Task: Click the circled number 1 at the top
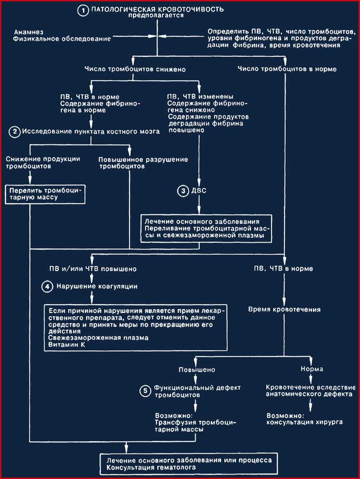[83, 11]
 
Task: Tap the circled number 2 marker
[14, 132]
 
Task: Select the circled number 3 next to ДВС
[183, 191]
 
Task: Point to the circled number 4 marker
[47, 287]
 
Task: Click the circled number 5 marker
[145, 391]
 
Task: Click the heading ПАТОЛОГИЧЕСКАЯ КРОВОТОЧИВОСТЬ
[158, 9]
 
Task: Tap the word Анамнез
[29, 32]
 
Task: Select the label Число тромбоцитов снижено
[135, 69]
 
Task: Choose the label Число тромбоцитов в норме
[287, 69]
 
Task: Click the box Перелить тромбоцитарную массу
[45, 194]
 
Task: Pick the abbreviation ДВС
[199, 191]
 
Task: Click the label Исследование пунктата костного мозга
[91, 132]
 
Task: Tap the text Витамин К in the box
[67, 345]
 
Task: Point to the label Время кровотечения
[284, 310]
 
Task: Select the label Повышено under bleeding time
[197, 370]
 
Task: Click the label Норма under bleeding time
[312, 369]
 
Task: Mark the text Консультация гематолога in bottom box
[151, 467]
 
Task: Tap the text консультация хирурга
[305, 422]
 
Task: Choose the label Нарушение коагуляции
[97, 286]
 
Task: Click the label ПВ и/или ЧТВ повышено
[93, 269]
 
